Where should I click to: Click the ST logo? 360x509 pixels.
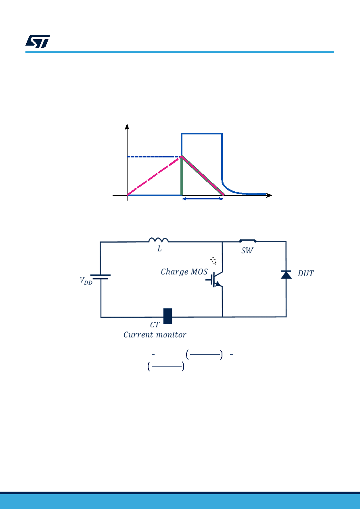pos(38,41)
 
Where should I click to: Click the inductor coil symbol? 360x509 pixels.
pos(159,240)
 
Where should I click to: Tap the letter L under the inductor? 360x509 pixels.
pos(159,249)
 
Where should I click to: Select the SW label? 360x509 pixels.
pos(247,250)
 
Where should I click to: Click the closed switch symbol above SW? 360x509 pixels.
pos(248,241)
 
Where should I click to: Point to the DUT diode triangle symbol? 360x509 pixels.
pos(286,274)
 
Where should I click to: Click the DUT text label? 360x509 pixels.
pos(306,273)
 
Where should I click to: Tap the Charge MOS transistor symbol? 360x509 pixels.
pos(214,279)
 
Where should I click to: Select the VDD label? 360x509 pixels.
pos(86,281)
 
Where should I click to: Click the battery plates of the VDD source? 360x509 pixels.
pos(100,277)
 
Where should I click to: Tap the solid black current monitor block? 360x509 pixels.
pos(167,316)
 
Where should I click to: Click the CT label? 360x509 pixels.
pos(155,325)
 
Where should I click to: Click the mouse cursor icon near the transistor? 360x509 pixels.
pos(213,261)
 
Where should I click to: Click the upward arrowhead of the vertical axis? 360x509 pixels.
pos(127,127)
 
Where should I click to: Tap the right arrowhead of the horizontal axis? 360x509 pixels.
pos(269,195)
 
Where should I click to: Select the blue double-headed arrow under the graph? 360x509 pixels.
pos(203,199)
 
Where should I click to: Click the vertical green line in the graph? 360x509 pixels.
pos(182,176)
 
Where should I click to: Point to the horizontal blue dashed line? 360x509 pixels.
pos(154,157)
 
